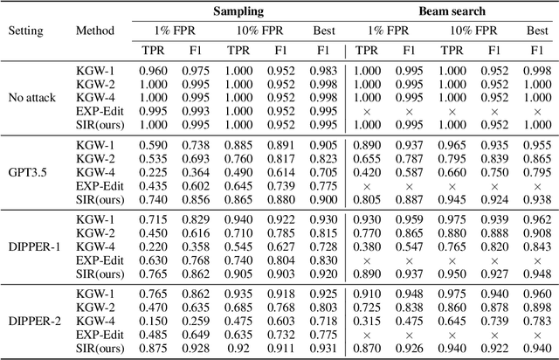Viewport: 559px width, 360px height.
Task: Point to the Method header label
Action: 94,30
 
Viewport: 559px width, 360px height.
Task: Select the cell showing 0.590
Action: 155,143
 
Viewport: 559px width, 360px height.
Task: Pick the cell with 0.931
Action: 323,349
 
